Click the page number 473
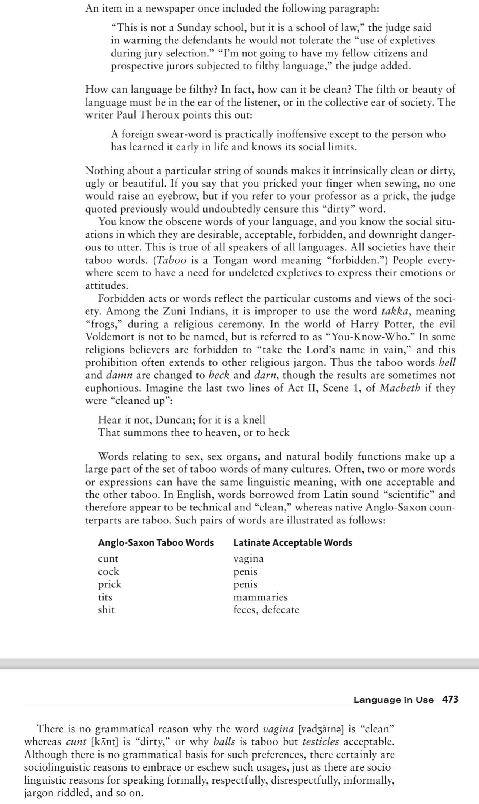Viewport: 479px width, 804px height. click(x=450, y=700)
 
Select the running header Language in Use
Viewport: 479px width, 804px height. click(x=393, y=700)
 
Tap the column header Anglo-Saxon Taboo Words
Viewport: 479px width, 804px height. click(x=156, y=542)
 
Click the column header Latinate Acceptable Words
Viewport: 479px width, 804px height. click(x=293, y=542)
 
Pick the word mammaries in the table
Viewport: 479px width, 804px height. click(x=260, y=597)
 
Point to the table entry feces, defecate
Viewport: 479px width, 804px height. click(x=266, y=610)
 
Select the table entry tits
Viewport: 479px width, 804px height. click(x=105, y=597)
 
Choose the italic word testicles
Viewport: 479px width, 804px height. click(x=320, y=742)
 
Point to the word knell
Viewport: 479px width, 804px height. click(x=254, y=420)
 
